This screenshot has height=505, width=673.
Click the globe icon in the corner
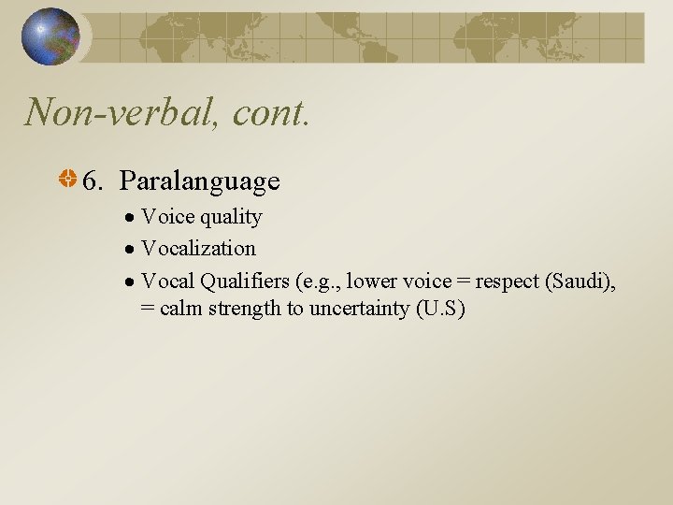pos(51,36)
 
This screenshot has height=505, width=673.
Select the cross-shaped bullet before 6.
pos(68,179)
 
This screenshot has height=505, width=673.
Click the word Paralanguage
pos(199,180)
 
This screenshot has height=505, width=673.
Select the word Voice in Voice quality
pos(168,217)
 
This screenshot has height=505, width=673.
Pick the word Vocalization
pos(198,249)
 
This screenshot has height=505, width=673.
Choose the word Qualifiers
pos(245,281)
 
